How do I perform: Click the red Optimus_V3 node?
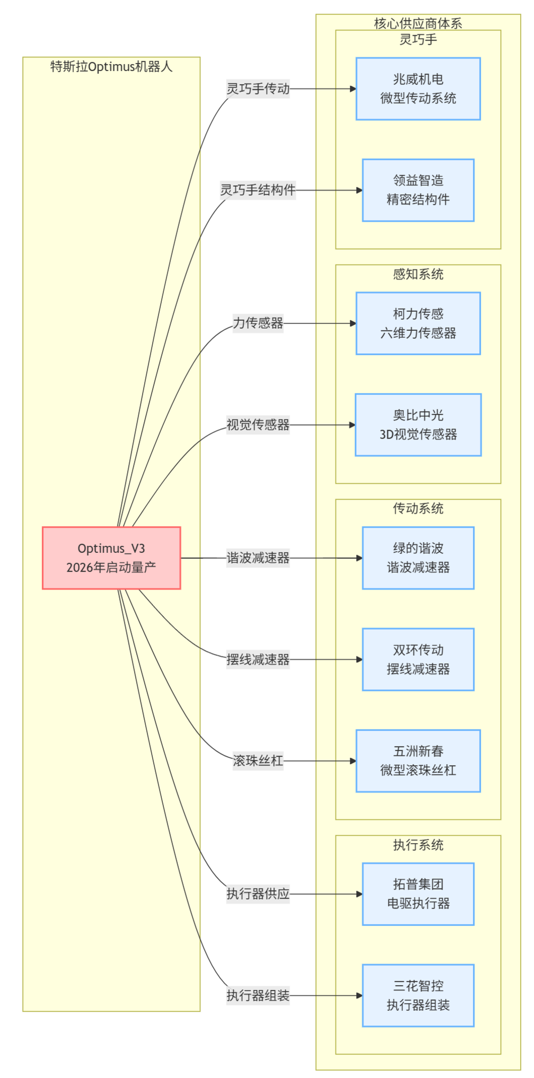click(x=111, y=558)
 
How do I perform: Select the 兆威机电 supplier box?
click(x=418, y=89)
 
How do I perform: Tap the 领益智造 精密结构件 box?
click(x=418, y=190)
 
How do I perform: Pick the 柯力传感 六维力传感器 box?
click(x=418, y=323)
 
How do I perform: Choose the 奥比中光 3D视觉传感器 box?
click(x=418, y=425)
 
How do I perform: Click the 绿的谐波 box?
click(x=418, y=558)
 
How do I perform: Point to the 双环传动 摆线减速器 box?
click(x=418, y=659)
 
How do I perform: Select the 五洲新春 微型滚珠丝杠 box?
click(x=418, y=760)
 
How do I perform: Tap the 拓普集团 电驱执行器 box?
click(x=418, y=894)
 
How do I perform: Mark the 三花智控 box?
click(x=418, y=995)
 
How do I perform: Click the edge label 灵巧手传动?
click(x=258, y=89)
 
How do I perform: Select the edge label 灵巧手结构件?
click(x=258, y=190)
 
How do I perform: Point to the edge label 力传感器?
click(x=258, y=323)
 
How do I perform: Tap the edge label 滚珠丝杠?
click(x=258, y=760)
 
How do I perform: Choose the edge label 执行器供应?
click(x=258, y=894)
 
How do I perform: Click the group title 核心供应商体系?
click(x=418, y=23)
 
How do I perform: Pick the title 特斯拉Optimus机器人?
click(x=111, y=67)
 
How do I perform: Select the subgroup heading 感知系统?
click(x=418, y=274)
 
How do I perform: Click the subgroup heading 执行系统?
click(x=418, y=845)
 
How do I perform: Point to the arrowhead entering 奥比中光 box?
click(x=352, y=425)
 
